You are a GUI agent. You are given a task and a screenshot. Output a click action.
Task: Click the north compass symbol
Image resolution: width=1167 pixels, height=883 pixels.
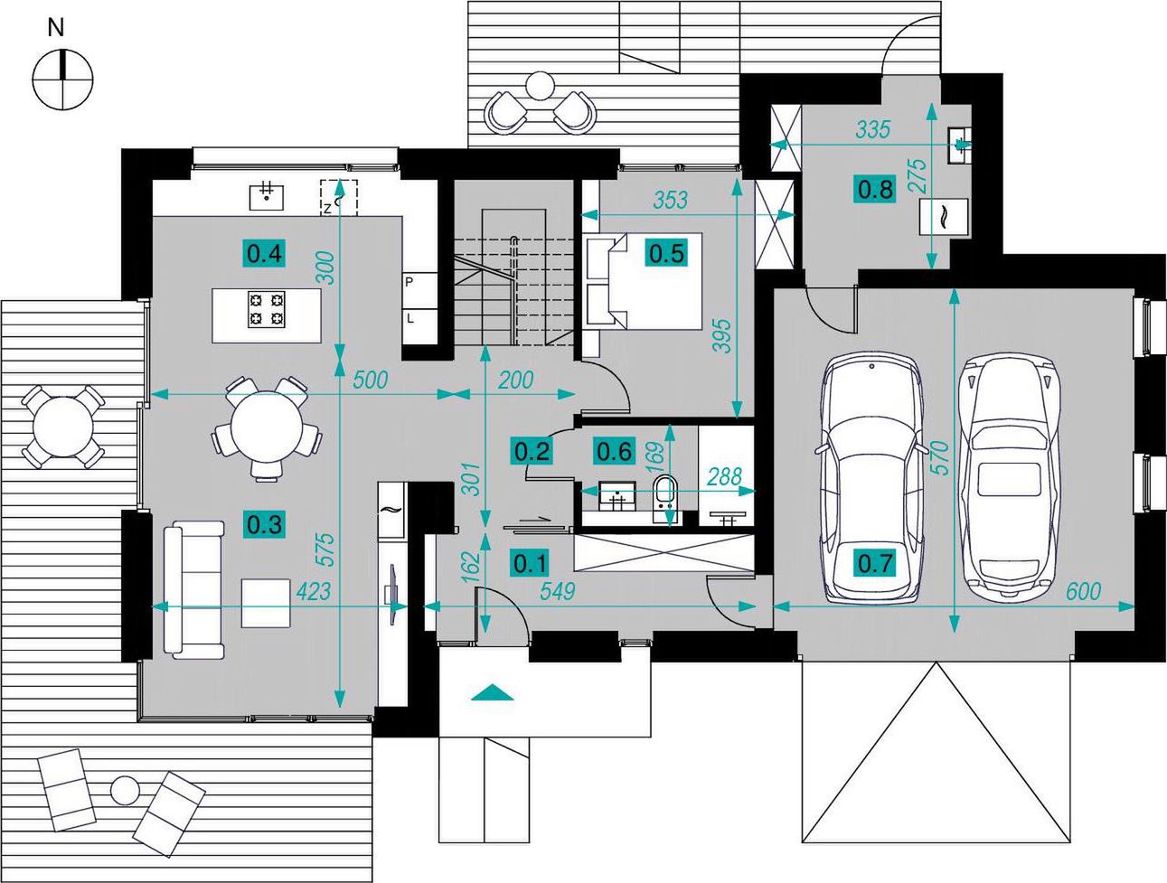pos(62,80)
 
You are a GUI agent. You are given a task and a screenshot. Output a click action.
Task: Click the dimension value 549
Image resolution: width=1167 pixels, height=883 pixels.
pos(557,591)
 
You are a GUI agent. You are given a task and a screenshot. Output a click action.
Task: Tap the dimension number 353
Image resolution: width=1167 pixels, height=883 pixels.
pos(670,200)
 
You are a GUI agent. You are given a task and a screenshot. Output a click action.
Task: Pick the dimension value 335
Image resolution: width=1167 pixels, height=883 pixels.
pos(873,129)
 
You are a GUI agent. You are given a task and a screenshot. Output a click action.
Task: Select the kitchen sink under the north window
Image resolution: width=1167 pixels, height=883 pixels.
pos(267,197)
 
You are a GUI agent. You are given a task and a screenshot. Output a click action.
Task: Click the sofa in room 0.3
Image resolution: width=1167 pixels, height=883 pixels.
pos(193,590)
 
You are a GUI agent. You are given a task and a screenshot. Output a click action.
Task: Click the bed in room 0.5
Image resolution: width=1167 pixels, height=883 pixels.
pos(645,281)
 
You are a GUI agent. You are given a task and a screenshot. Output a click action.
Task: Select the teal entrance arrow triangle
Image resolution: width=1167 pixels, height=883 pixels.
pos(493,691)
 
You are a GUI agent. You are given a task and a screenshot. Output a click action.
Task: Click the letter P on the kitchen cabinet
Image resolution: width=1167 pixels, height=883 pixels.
pos(409,282)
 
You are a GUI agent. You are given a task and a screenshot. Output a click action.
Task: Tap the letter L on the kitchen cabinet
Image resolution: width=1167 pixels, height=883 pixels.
pos(409,318)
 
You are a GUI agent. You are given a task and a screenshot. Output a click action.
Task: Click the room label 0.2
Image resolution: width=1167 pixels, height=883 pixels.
pos(532,451)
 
